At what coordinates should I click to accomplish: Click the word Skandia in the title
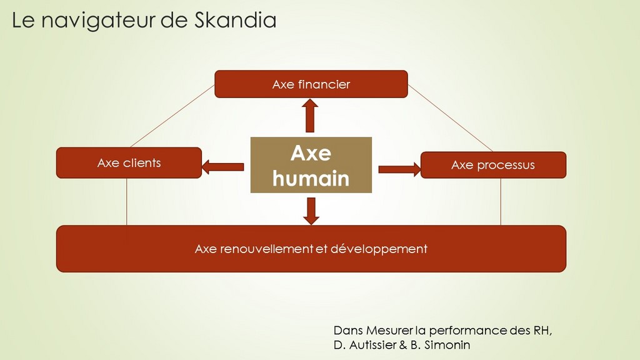click(x=235, y=20)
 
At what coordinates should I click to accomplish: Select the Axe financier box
click(x=311, y=84)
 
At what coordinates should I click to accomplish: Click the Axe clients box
click(x=129, y=163)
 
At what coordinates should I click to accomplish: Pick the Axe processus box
click(x=494, y=165)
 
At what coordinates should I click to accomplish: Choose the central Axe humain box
click(x=311, y=165)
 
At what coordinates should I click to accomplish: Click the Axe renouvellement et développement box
click(x=311, y=249)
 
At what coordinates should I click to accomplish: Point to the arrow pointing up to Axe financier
click(x=310, y=116)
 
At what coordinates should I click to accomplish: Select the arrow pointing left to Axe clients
click(x=223, y=167)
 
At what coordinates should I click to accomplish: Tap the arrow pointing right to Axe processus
click(x=399, y=169)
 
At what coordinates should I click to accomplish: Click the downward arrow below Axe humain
click(x=311, y=211)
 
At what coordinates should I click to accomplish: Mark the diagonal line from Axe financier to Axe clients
click(x=172, y=116)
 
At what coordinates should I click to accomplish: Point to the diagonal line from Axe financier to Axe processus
click(x=451, y=118)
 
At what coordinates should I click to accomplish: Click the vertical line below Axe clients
click(x=126, y=202)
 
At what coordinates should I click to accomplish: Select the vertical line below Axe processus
click(x=501, y=202)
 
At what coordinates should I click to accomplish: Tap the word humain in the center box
click(x=311, y=179)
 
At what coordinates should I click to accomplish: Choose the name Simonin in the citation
click(x=447, y=345)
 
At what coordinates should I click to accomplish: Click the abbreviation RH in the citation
click(x=542, y=330)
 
